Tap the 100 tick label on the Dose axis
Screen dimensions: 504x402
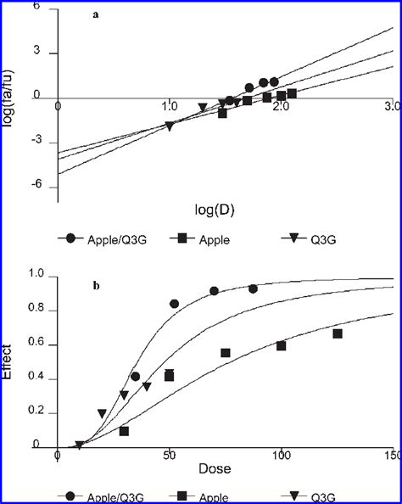tap(281, 457)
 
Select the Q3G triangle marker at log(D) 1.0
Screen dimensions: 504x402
tap(170, 126)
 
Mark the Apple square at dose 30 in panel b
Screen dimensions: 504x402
tap(124, 431)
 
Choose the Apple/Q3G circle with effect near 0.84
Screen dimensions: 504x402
tap(175, 303)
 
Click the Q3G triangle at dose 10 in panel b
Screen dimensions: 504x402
tap(80, 445)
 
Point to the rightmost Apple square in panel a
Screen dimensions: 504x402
tap(292, 93)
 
